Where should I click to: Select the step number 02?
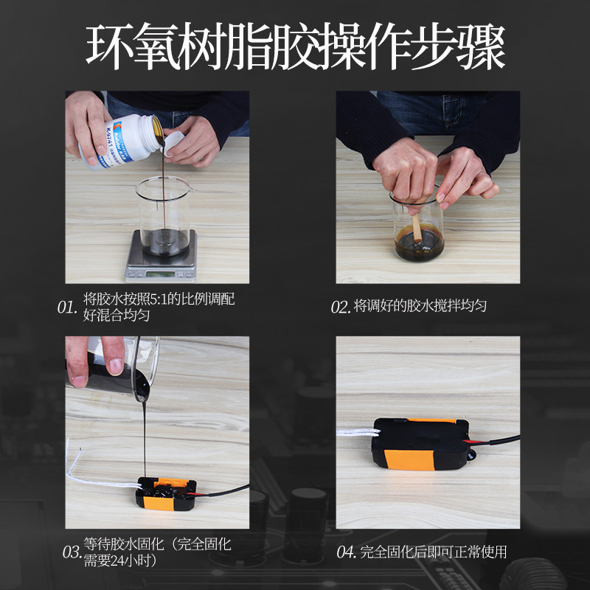click(x=340, y=308)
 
